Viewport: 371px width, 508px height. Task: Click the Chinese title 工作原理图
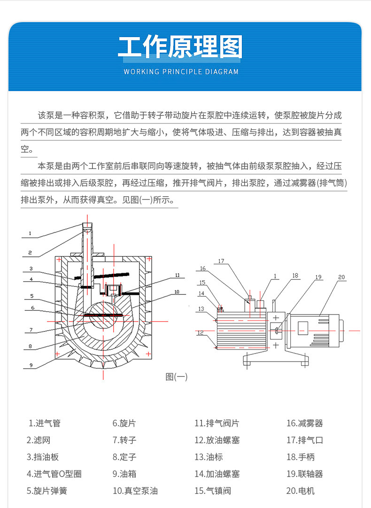[180, 46]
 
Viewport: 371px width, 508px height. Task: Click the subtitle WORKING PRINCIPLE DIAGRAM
[181, 72]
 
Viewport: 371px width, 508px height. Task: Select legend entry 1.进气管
[45, 423]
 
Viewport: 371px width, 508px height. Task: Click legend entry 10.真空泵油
[135, 491]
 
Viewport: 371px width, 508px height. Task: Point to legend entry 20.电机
[301, 491]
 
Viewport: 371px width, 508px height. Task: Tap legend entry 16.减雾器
[305, 423]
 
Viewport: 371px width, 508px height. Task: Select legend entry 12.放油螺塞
[217, 440]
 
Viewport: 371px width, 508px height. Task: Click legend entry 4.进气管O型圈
[54, 474]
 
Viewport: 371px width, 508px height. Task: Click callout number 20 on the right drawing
[341, 277]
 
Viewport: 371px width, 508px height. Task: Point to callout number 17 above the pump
[221, 262]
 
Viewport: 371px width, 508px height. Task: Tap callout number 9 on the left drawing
[30, 365]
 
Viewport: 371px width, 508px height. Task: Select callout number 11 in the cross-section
[177, 275]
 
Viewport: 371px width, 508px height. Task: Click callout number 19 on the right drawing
[319, 277]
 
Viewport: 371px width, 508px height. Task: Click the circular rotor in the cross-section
[101, 316]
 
